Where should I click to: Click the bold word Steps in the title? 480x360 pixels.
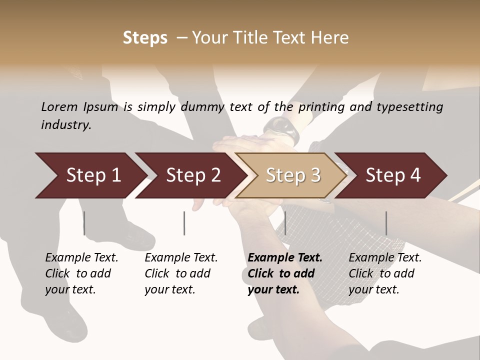pos(145,38)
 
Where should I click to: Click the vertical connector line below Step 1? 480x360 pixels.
pos(84,223)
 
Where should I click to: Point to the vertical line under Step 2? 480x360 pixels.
pos(184,223)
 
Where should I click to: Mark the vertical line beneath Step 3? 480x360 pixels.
pos(285,223)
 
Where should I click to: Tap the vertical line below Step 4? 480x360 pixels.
pos(386,223)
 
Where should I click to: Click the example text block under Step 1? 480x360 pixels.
pos(81,273)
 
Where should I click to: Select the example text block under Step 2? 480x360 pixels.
pos(181,273)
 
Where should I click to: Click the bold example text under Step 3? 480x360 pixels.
pos(285,273)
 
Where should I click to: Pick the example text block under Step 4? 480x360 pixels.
pos(385,273)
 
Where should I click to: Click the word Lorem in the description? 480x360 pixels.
pos(59,106)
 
